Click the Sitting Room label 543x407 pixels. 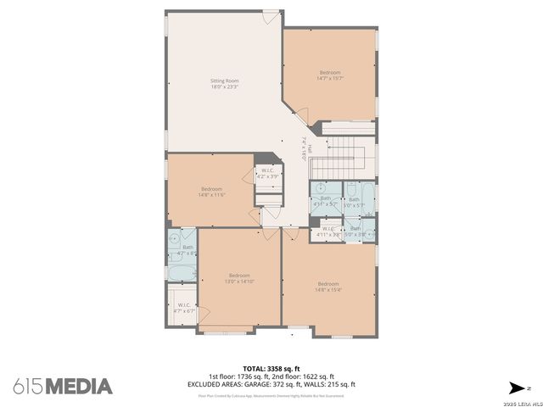(x=225, y=83)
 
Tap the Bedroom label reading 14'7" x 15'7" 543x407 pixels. (x=331, y=75)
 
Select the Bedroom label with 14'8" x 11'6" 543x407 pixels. (x=211, y=192)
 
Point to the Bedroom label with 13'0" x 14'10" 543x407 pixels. (x=239, y=278)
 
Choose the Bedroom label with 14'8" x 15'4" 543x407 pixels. (x=327, y=287)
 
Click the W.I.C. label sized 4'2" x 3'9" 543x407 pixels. (x=268, y=174)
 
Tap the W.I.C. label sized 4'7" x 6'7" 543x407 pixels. (x=184, y=309)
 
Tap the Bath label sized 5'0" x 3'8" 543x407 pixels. (x=355, y=231)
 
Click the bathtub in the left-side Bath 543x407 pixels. (x=182, y=274)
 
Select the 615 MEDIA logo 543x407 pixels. (x=62, y=386)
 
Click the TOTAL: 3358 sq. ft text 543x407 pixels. (x=271, y=369)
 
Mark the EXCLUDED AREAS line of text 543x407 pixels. (x=271, y=384)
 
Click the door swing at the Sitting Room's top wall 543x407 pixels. (x=269, y=18)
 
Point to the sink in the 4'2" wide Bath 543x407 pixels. (x=175, y=239)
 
